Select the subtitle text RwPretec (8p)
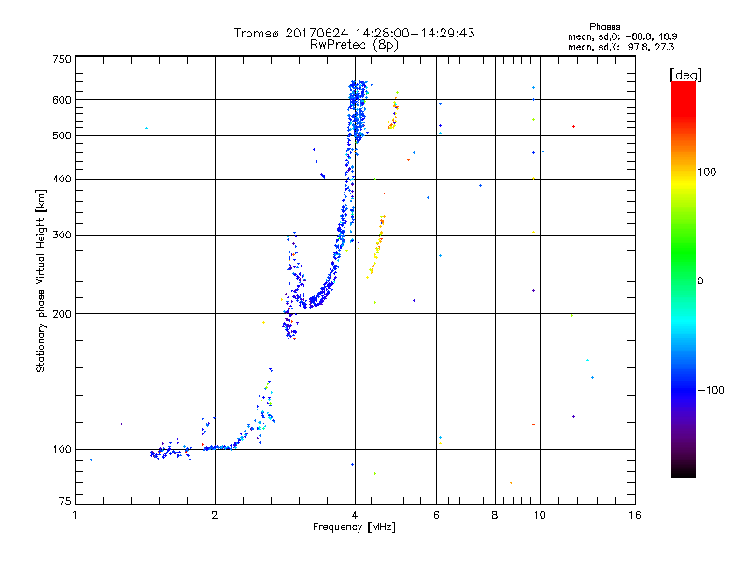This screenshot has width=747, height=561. coord(354,44)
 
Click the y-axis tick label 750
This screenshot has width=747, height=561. coord(62,58)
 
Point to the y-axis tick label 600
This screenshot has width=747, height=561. coord(62,99)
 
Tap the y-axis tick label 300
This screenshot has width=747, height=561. coord(62,235)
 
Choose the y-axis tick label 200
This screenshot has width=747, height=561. coord(62,313)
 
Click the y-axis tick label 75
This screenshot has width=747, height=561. coord(64,505)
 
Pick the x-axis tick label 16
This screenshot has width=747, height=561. coord(635,515)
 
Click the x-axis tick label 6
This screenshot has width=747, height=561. coord(436,515)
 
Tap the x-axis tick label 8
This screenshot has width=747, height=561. coord(495,515)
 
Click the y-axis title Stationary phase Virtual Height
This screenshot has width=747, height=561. coord(41,280)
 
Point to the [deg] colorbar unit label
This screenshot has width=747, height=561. coord(684,73)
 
